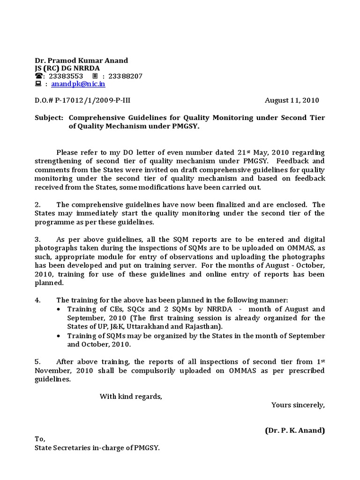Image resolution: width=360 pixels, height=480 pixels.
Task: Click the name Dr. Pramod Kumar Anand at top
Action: (82, 60)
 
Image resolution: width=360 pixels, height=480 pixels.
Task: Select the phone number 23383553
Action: (66, 76)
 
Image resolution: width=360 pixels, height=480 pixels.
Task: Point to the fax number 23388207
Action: (125, 76)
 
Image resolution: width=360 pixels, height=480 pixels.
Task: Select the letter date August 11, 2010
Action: (292, 100)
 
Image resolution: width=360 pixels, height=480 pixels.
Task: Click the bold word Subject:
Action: (49, 117)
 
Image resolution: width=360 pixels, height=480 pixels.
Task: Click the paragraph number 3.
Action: (37, 240)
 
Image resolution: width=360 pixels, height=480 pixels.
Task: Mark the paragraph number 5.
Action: (37, 361)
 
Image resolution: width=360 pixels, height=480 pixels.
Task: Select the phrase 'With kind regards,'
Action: (131, 397)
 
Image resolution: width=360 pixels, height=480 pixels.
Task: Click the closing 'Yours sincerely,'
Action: (298, 405)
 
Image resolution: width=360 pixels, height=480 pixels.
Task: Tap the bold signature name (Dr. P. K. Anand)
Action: (294, 430)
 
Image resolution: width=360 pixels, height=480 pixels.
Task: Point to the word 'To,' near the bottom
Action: (40, 439)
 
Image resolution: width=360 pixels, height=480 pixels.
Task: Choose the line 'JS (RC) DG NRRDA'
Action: (67, 68)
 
